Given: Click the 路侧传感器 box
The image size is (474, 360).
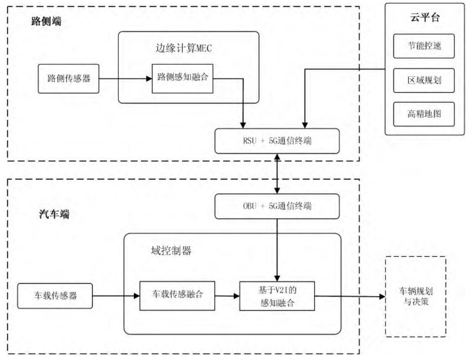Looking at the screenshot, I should [69, 79].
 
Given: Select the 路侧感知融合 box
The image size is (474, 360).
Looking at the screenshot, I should [183, 78].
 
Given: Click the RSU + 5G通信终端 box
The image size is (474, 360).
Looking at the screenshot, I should [277, 141].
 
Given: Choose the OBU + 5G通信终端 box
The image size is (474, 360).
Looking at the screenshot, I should [277, 206].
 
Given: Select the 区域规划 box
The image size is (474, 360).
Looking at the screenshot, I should [424, 81].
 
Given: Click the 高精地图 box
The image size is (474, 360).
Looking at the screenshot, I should [424, 114].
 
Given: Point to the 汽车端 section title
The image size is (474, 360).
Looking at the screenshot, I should [54, 214].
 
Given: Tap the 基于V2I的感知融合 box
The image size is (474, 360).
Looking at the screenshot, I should [277, 296].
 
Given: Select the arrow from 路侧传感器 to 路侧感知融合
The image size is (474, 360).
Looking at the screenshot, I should [125, 79].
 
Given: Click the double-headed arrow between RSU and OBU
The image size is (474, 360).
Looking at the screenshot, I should [277, 174].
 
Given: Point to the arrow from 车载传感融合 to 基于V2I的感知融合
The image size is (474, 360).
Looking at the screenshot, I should [227, 296].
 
